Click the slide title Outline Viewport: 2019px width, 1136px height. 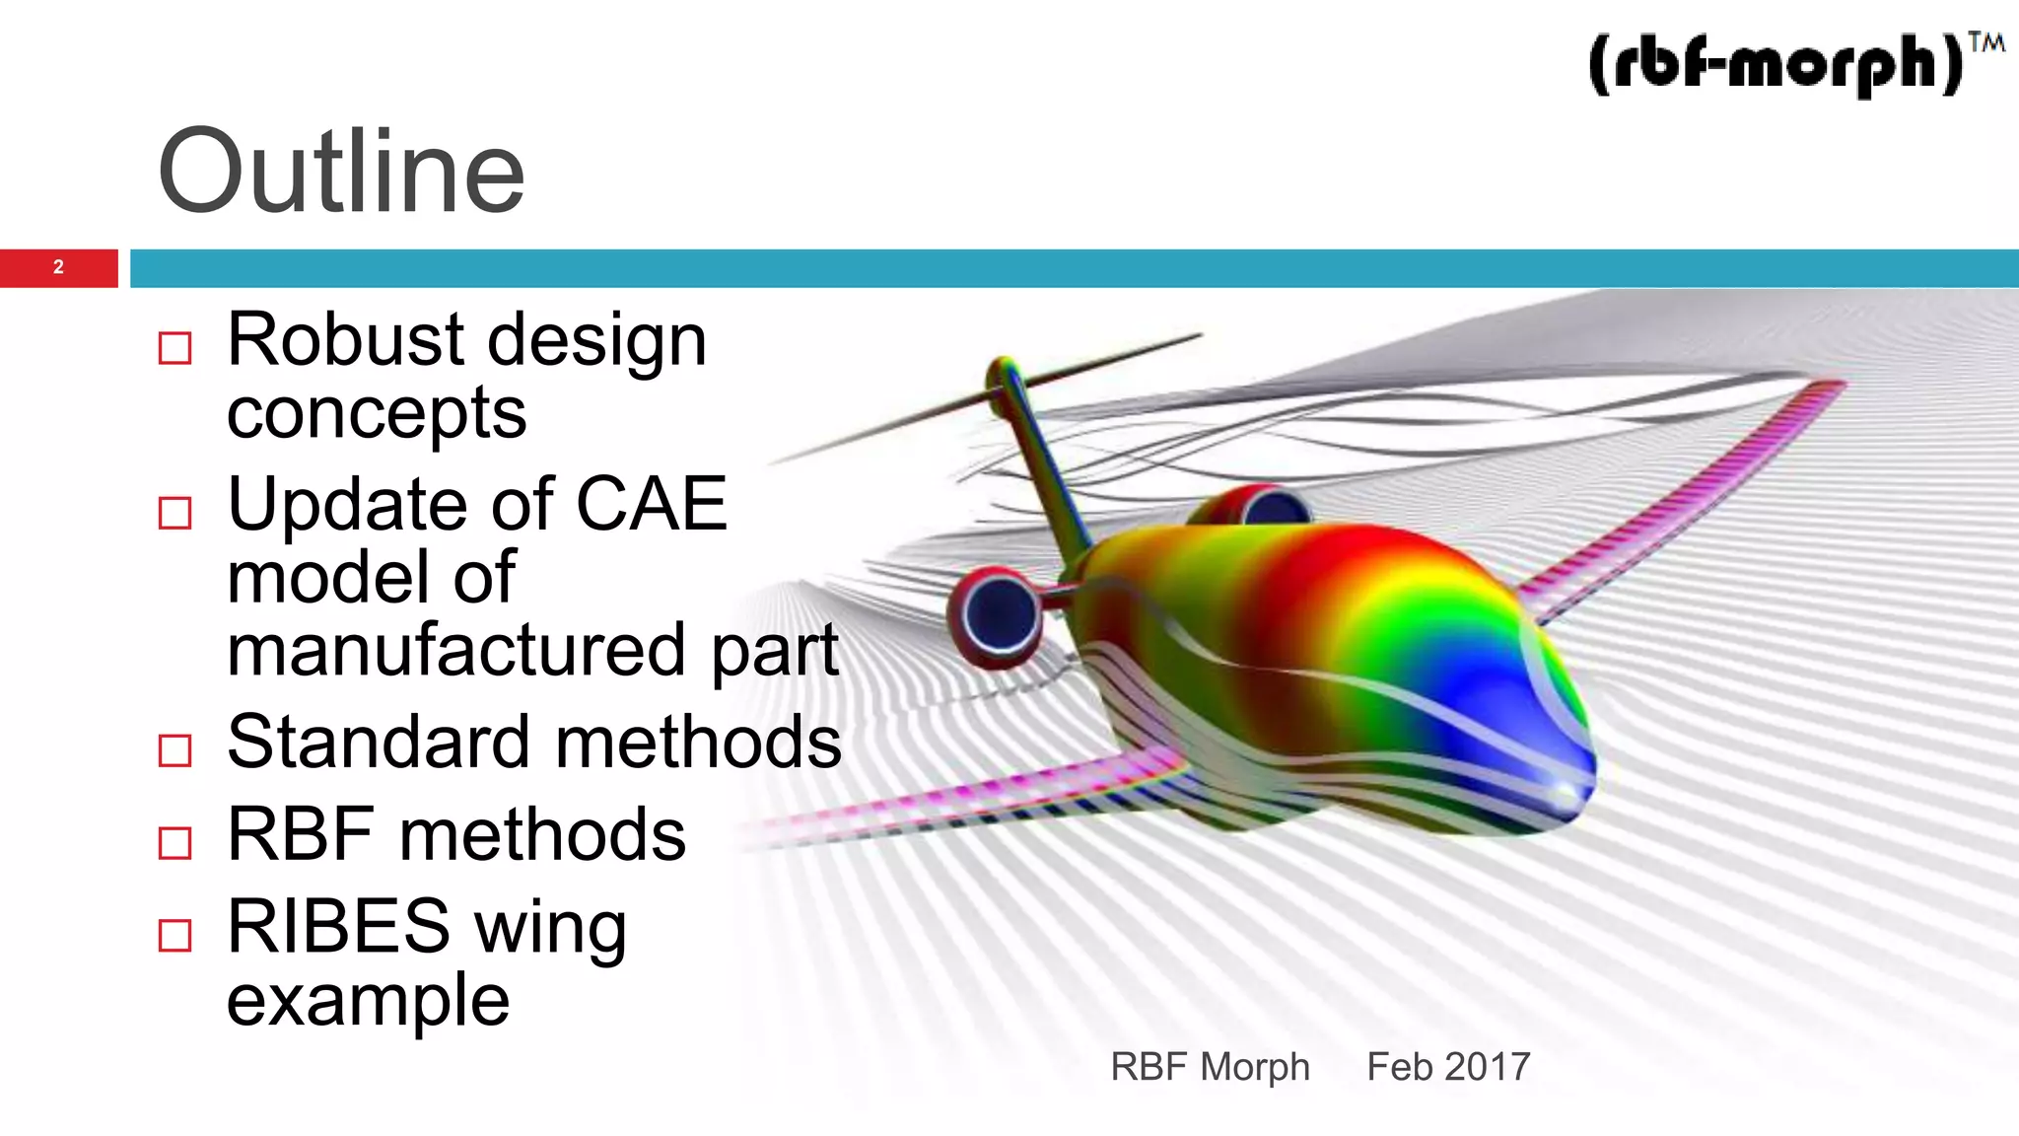(x=341, y=172)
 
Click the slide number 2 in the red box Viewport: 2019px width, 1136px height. (x=58, y=267)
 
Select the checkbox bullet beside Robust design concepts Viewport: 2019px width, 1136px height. (x=174, y=347)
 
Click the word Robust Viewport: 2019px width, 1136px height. (x=345, y=339)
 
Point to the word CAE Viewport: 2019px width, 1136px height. (x=651, y=504)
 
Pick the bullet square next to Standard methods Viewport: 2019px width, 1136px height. (x=174, y=749)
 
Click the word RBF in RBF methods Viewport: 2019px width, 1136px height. (x=301, y=834)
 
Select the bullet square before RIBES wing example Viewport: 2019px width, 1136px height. (x=174, y=934)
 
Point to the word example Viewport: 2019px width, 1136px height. (x=368, y=1000)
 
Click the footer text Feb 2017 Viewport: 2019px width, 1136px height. (x=1447, y=1067)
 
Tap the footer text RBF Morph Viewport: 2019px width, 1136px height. (x=1210, y=1067)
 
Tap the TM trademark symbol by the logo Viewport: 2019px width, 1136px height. (x=1986, y=42)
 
